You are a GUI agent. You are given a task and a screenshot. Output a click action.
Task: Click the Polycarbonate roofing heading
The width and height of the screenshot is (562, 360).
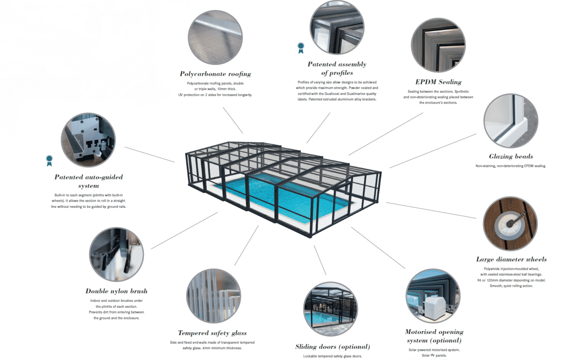click(x=215, y=74)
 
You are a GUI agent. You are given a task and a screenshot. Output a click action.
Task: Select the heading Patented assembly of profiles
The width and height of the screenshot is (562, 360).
click(x=337, y=69)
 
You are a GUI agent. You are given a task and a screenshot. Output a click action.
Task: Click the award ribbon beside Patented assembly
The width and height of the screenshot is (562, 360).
click(x=301, y=48)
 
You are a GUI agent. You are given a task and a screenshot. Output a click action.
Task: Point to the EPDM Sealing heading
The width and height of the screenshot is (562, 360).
click(x=438, y=82)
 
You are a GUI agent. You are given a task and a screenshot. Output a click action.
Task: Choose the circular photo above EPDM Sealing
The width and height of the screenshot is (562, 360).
click(x=438, y=46)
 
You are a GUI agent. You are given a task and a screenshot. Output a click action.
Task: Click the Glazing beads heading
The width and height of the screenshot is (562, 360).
click(x=511, y=156)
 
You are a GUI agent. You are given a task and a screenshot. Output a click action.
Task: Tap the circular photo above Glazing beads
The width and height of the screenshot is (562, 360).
click(x=511, y=121)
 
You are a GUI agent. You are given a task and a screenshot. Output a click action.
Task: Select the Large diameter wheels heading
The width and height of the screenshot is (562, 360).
click(x=511, y=259)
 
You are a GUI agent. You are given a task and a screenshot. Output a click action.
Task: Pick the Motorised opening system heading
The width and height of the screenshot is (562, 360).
click(x=434, y=336)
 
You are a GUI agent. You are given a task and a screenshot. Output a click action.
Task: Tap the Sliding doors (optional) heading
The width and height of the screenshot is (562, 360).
click(x=332, y=347)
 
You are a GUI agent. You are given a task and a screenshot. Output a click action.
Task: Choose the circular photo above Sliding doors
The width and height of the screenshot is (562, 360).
click(x=330, y=309)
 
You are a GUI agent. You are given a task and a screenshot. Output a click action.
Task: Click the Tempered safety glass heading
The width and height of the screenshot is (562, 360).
click(x=212, y=333)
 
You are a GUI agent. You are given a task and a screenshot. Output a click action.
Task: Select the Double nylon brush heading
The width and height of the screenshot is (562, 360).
click(x=116, y=291)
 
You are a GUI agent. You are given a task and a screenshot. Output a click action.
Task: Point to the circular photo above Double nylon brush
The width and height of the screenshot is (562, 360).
click(x=116, y=254)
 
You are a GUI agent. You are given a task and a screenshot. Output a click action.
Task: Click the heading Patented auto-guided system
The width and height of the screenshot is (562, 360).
click(x=88, y=181)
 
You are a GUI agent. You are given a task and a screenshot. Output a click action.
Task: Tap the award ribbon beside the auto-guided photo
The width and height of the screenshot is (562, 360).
click(x=49, y=161)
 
